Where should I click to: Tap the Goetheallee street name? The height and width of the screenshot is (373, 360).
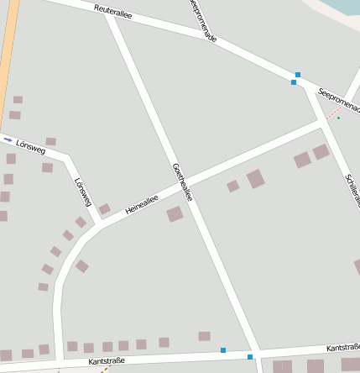point(183,181)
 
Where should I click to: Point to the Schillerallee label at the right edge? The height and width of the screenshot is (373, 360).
point(351,190)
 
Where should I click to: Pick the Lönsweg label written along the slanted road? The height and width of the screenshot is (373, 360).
point(82,192)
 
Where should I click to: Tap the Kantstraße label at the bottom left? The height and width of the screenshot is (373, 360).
point(107,361)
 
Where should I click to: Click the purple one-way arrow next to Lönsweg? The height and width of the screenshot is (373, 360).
point(8,139)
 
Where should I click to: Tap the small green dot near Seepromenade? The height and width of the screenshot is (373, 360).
point(339,118)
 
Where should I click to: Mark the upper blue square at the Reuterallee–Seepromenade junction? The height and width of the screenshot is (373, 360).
point(298,75)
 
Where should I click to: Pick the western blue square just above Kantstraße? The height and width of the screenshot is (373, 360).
point(223,349)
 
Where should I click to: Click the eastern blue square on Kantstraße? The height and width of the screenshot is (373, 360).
point(250,357)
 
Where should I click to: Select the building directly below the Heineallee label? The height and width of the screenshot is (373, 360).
point(175,214)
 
